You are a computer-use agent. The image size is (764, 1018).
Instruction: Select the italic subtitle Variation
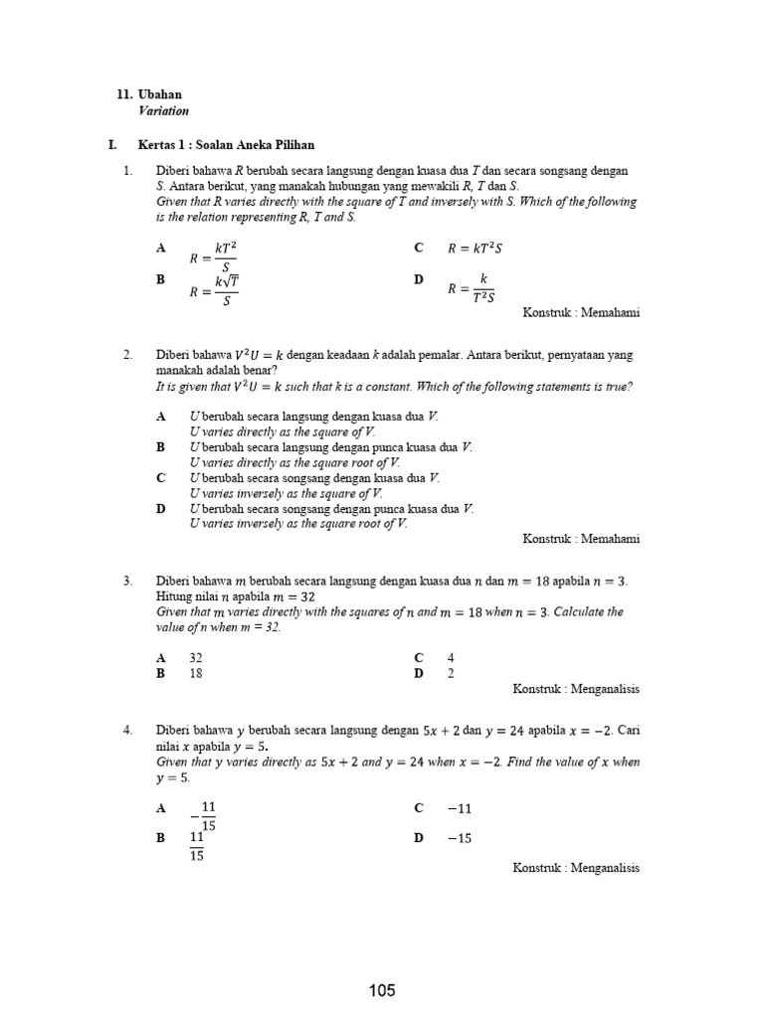(x=163, y=111)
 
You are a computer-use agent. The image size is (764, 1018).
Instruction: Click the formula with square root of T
(x=214, y=289)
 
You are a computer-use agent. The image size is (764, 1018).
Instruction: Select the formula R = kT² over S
(x=214, y=256)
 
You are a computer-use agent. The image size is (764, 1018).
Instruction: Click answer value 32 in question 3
(x=196, y=658)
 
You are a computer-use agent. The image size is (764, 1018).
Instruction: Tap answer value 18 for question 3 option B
(x=196, y=673)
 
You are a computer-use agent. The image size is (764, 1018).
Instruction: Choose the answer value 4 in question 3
(x=451, y=658)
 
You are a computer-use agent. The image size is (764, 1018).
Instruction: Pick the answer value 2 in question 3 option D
(x=451, y=673)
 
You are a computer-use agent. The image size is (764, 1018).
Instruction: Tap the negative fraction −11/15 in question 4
(x=203, y=815)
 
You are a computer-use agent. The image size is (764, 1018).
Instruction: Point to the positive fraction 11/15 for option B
(x=197, y=846)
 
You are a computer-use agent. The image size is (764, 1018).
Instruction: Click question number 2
(x=127, y=355)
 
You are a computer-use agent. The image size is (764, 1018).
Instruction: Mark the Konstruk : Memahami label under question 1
(x=581, y=312)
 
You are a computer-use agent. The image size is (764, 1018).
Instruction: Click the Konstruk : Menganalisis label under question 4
(x=576, y=868)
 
